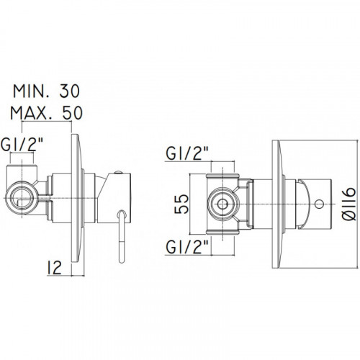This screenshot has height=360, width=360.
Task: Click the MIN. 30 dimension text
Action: pos(46,91)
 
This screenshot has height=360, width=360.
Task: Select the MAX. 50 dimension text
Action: pos(46,113)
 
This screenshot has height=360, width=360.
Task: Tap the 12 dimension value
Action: pos(55,267)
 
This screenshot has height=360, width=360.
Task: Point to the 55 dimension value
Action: pos(181,204)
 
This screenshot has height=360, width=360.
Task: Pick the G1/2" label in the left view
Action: pos(22,145)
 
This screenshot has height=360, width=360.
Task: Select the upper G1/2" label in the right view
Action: pos(187,153)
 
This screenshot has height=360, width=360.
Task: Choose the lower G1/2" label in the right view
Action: pos(187,247)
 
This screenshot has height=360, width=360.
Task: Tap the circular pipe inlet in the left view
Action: pos(22,198)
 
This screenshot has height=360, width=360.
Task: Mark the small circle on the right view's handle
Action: pos(319,204)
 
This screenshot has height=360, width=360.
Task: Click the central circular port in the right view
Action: pos(222,204)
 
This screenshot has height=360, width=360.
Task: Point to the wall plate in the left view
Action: pos(77,198)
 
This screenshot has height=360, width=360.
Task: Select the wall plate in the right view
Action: pos(276,204)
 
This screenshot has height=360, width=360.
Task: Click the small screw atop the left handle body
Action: pos(118,172)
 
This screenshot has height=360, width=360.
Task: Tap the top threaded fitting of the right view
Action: pos(222,177)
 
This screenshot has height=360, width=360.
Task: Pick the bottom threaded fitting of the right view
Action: pos(222,231)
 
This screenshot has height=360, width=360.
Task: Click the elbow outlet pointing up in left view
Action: pos(22,173)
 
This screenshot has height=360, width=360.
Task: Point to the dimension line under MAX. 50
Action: pos(47,122)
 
